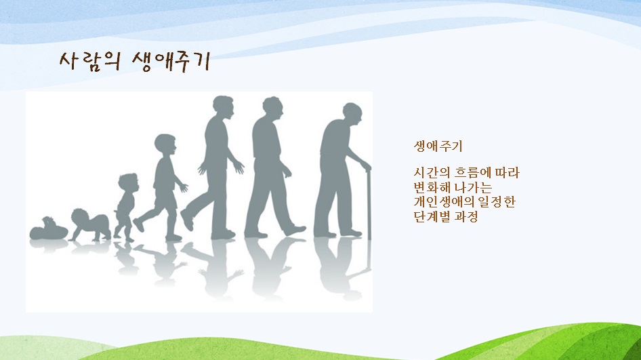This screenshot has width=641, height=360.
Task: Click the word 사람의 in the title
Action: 90,62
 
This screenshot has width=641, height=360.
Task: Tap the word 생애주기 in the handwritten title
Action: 171,62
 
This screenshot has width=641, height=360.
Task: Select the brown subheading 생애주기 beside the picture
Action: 438,146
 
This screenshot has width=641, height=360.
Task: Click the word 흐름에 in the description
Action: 470,173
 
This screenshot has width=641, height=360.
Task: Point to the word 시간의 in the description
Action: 432,173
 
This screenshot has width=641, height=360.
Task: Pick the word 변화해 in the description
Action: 432,187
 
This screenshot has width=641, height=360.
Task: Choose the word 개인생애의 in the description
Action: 444,201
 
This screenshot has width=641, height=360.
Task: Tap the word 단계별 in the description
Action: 432,216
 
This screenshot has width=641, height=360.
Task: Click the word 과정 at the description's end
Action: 466,216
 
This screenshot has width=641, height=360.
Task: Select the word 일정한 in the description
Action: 496,201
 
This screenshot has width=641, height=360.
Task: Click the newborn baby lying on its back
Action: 48,229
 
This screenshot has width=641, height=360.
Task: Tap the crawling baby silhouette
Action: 89,225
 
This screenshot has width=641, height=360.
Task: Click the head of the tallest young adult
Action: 223,108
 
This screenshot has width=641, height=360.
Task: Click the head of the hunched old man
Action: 353,114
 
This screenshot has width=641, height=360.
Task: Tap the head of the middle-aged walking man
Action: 272,108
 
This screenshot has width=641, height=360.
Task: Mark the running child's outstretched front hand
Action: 184,188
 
